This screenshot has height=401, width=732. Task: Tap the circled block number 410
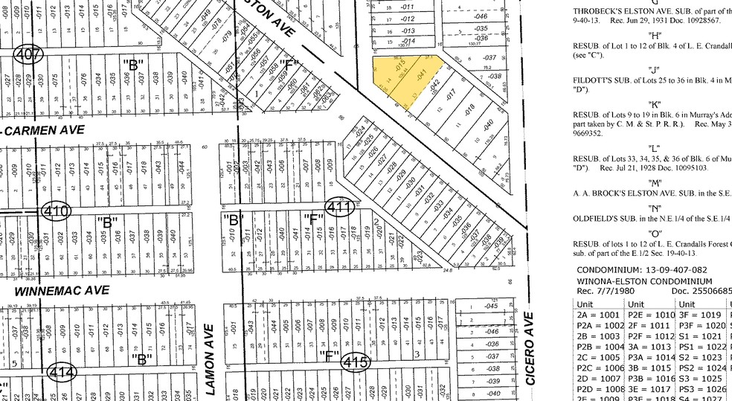tap(57, 211)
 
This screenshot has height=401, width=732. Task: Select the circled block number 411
tap(340, 208)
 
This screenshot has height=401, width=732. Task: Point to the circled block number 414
tap(62, 370)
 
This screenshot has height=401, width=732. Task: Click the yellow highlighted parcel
tap(402, 77)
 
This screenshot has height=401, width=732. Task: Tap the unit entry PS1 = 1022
tap(699, 347)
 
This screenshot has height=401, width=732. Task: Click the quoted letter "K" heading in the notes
tap(655, 103)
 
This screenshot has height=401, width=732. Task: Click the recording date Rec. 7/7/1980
tap(604, 292)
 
